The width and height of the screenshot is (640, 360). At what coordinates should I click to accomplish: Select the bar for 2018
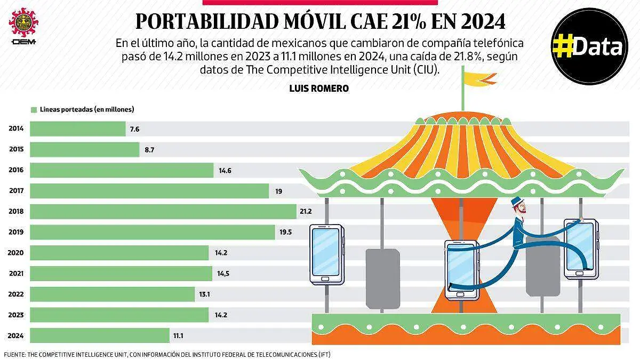[163, 212]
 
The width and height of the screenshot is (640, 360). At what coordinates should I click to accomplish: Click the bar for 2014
[77, 129]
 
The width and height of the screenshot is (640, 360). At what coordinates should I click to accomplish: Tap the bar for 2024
[99, 335]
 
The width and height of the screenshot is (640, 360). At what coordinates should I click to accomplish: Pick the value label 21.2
[305, 212]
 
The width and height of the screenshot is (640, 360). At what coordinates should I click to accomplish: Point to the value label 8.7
[149, 150]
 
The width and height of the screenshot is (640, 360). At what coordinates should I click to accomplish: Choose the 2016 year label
[16, 170]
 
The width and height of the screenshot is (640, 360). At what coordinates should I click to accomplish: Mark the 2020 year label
[16, 253]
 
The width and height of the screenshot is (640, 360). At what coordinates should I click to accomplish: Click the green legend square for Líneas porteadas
[34, 109]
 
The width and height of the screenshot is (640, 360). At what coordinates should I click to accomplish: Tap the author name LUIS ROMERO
[318, 89]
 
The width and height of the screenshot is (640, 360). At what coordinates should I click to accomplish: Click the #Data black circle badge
[589, 46]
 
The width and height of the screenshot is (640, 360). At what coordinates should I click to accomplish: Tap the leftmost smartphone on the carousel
[327, 253]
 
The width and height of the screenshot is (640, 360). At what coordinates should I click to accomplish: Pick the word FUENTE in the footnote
[14, 354]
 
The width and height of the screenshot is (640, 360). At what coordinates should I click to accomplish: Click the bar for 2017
[149, 191]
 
